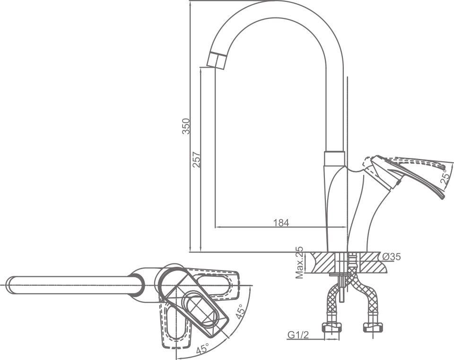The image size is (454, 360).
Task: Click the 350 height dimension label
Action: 186,126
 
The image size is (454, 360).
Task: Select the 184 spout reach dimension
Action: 281,222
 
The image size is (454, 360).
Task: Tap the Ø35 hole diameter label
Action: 392,257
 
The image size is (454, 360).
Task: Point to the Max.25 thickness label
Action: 299,262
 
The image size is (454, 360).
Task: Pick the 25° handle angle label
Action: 445,176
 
